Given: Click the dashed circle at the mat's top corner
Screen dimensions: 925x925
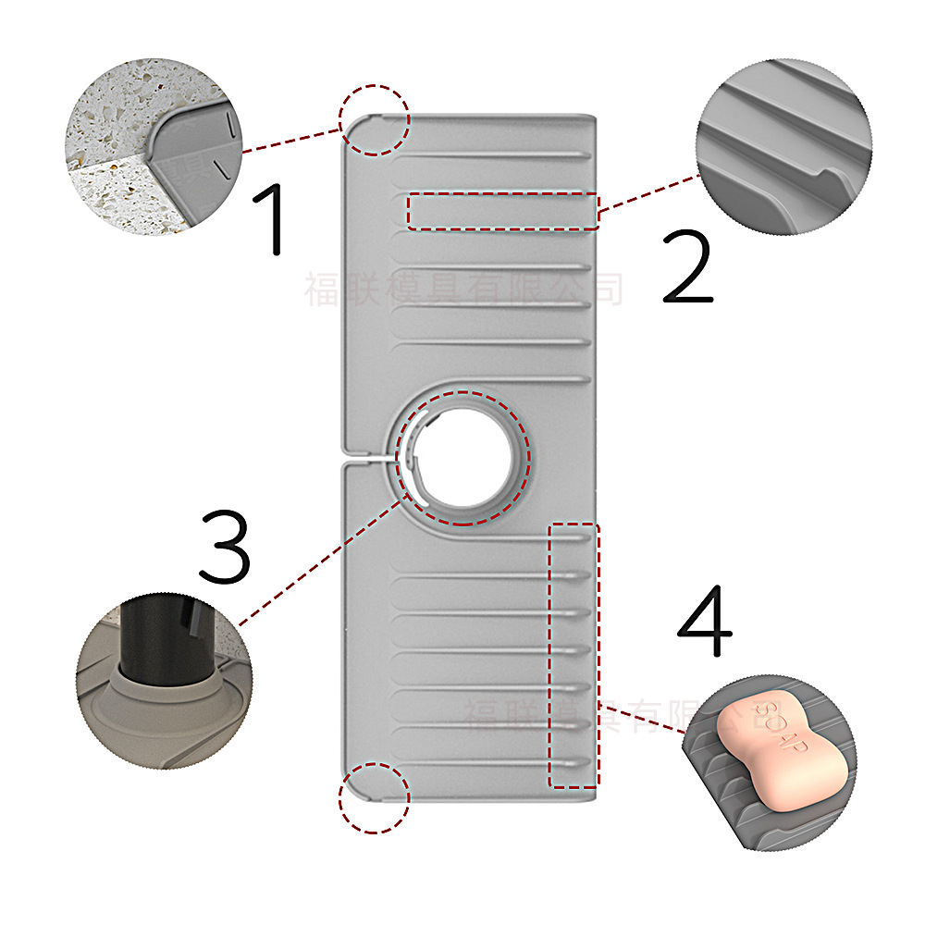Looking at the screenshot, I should tap(374, 119).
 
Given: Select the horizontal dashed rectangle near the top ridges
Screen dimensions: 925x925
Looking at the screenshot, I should tap(502, 210).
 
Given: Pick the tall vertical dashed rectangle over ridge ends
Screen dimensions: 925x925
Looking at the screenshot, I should tap(573, 657).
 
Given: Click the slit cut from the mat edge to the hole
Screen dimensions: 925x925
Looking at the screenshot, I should tap(370, 454).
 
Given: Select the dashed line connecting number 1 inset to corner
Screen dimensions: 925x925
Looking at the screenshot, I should tap(291, 140).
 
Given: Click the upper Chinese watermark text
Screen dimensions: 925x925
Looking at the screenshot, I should tap(462, 290).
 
